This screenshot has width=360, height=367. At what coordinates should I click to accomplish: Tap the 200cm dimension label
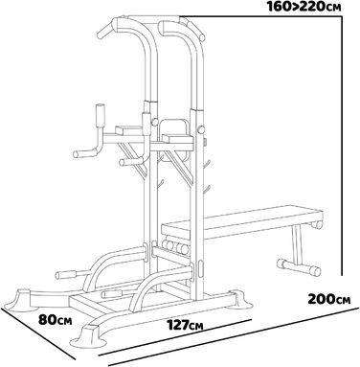pyautogui.click(x=329, y=299)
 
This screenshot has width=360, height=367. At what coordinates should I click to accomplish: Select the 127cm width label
pyautogui.click(x=186, y=325)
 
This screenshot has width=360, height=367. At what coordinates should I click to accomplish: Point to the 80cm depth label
pyautogui.click(x=55, y=320)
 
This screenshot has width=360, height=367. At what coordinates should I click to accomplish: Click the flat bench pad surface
pyautogui.click(x=241, y=219)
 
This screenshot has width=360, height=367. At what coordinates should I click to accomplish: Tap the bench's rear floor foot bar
pyautogui.click(x=299, y=267)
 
